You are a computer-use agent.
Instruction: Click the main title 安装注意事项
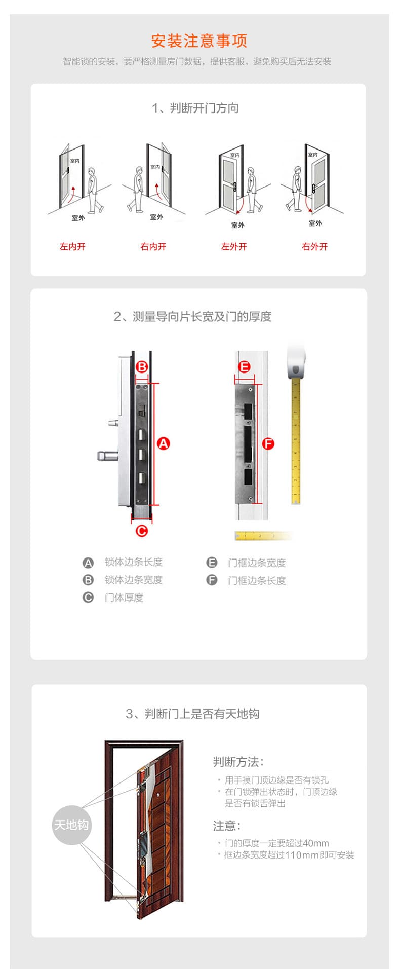(199, 41)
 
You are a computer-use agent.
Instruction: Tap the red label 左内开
(72, 247)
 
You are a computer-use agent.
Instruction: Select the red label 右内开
(153, 247)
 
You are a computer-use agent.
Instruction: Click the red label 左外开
(234, 247)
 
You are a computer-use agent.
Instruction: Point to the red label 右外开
(314, 247)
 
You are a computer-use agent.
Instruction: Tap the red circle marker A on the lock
(163, 443)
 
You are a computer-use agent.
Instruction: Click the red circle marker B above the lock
(142, 367)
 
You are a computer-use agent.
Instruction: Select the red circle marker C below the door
(142, 531)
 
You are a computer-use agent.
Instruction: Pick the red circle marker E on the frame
(244, 367)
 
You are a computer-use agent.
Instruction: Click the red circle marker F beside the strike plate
(268, 444)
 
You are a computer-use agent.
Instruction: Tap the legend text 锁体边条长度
(134, 562)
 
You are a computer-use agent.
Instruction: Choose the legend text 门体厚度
(124, 598)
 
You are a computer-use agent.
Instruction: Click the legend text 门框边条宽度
(257, 563)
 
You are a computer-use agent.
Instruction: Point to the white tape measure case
(297, 362)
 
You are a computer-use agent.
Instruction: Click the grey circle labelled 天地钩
(71, 825)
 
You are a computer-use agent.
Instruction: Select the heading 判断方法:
(238, 762)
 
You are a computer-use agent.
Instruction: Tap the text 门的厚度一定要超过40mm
(276, 843)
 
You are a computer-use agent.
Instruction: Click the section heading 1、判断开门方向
(195, 108)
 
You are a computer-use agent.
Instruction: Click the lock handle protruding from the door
(107, 456)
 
